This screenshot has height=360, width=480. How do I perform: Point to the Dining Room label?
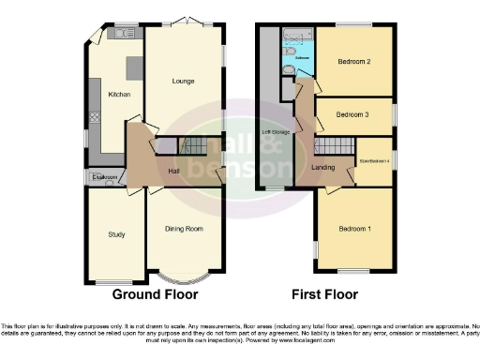coord(184,229)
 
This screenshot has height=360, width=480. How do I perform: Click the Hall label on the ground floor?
coord(173,172)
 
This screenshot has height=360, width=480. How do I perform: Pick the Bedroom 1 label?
coord(354,229)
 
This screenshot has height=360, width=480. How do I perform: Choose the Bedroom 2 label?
coord(354,62)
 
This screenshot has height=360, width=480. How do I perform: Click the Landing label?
coord(323,167)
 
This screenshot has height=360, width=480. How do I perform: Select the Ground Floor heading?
coord(156,294)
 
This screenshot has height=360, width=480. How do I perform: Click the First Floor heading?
coord(325,294)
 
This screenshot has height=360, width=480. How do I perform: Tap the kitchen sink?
coord(119,35)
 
